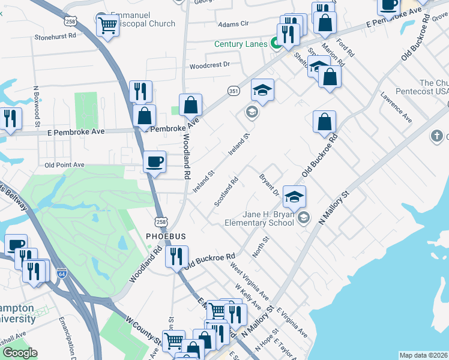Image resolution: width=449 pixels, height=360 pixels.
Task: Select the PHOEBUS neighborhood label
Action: coord(166,236)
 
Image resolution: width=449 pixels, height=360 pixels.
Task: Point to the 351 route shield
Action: coord(234,90)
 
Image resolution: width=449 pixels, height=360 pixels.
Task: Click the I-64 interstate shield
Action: coord(62,273)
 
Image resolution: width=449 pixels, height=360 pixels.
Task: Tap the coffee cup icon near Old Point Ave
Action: coord(155,161)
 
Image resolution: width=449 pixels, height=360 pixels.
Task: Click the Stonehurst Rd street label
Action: coord(55,37)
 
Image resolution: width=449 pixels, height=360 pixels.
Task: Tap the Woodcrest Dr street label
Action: coord(210,65)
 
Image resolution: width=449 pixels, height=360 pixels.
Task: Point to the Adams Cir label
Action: coord(233,24)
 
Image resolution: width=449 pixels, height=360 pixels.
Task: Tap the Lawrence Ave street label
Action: coord(396,107)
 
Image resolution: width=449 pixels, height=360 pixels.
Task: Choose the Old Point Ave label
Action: coord(64,164)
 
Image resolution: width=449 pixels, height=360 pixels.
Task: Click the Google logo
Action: coord(20,353)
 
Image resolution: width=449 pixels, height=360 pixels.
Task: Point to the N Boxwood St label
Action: coord(37,107)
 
